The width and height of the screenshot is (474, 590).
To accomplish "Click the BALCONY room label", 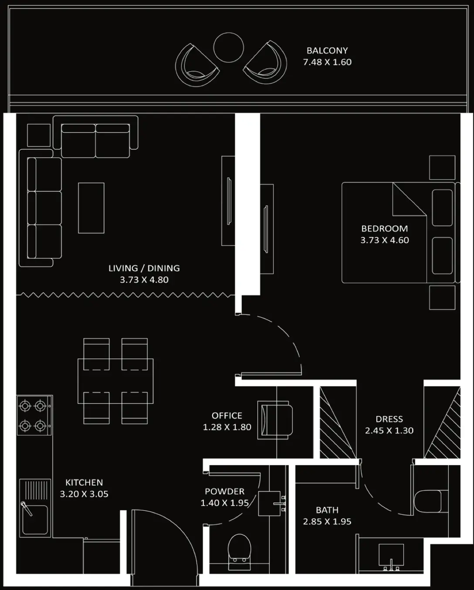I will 327,50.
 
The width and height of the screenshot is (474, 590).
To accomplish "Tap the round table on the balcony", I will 228,47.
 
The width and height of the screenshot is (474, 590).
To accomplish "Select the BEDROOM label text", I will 384,228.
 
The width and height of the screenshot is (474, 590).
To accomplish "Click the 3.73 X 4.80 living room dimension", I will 144,280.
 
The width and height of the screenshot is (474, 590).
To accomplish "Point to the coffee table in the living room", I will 91,208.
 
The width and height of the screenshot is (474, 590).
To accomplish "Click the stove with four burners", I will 33,415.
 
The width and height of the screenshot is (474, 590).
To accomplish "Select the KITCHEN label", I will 84,482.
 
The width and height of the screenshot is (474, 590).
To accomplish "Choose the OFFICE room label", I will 227,416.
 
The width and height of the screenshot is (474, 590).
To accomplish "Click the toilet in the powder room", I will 240,550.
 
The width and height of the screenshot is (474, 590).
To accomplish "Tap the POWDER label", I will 224,491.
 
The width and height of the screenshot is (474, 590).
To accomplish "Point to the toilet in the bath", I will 429,502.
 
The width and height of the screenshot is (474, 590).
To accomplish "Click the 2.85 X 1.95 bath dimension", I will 327,521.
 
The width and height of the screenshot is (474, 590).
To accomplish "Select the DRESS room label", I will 389,419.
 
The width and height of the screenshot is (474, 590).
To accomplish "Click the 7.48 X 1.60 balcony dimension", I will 327,62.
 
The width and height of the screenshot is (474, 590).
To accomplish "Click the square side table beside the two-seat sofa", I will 39,135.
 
